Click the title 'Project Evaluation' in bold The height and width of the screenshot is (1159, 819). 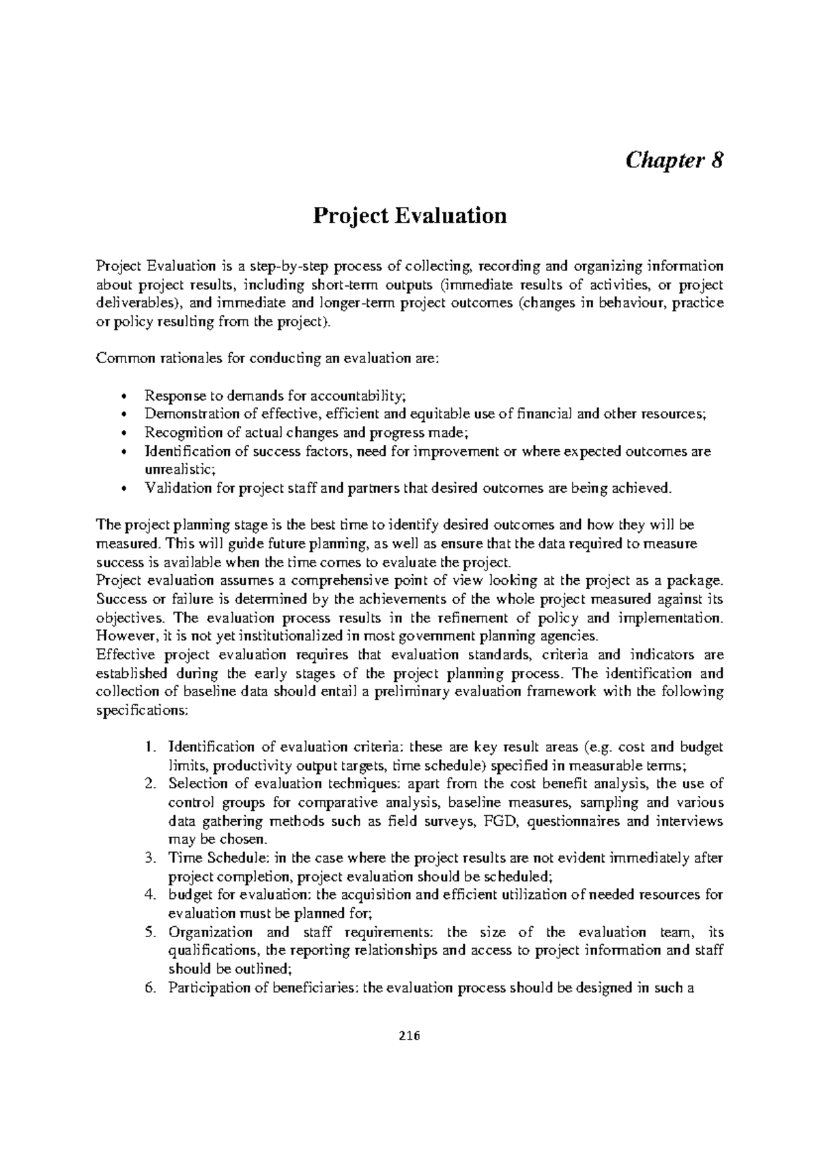[x=409, y=216]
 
